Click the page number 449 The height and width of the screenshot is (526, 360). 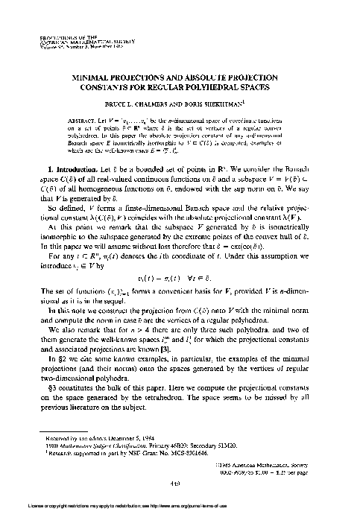click(x=179, y=503)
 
